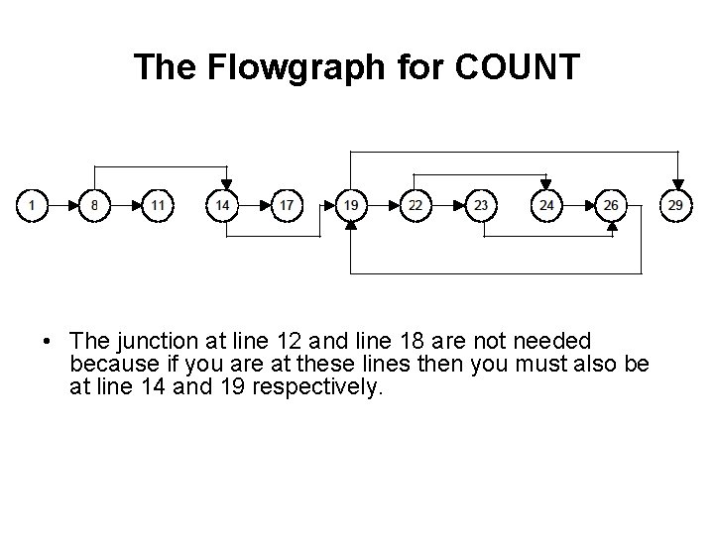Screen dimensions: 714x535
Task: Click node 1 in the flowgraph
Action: pos(32,206)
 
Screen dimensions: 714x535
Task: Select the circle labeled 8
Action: pos(94,206)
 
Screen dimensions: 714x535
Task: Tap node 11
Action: pos(158,206)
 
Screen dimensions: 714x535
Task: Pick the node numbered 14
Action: pos(222,206)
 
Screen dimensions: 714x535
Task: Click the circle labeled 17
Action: pos(287,206)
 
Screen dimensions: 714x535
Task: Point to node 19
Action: pos(351,206)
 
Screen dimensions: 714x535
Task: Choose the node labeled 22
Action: pos(416,206)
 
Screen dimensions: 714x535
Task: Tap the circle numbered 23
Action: pos(481,206)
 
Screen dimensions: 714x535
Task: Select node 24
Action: pos(546,206)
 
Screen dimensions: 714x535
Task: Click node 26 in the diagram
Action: pos(611,206)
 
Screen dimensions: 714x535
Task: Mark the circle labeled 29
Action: pos(675,206)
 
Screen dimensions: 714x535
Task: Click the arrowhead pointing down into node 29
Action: pos(678,185)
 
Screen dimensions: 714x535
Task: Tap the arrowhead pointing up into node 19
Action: pos(351,226)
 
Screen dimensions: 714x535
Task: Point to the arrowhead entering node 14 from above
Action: pos(227,184)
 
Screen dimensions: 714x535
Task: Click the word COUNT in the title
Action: pos(518,67)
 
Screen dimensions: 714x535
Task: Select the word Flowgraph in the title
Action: pos(296,68)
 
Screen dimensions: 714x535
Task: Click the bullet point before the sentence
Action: pos(46,341)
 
